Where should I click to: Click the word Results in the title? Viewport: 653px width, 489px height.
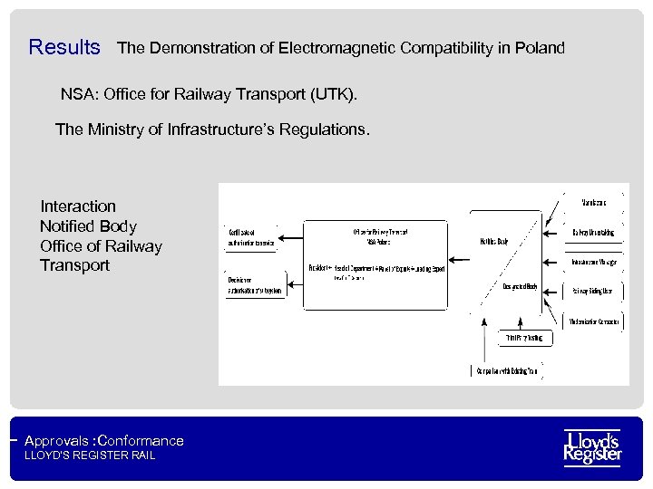coord(64,47)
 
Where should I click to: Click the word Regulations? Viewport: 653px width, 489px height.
coord(323,129)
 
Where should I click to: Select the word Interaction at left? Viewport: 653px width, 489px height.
coord(78,206)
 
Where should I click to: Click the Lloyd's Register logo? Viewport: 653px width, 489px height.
coord(592,447)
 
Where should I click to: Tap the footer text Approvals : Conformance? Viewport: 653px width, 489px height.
coord(104,441)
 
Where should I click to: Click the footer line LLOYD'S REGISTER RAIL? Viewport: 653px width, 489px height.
coord(90,455)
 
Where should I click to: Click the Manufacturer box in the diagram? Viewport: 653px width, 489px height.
coord(595,202)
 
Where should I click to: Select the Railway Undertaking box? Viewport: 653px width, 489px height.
coord(594,233)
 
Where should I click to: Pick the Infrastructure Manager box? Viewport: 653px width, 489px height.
coord(594,263)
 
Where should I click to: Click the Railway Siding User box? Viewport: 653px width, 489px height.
coord(594,291)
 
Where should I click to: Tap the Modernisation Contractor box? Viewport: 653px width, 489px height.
coord(594,321)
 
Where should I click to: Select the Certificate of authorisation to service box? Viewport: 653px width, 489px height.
coord(251,238)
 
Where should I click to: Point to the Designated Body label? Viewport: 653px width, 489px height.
coord(521,287)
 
